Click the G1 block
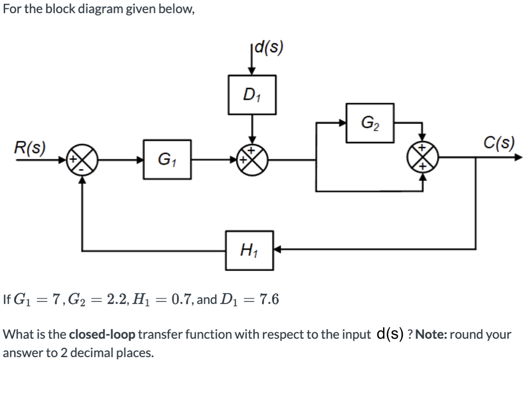tap(167, 159)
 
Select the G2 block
tap(369, 123)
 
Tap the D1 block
tap(252, 95)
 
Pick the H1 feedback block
tap(249, 250)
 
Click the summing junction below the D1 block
tap(253, 158)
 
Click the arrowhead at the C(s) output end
tap(518, 158)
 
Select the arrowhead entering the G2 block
tap(342, 123)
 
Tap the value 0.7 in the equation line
tap(180, 299)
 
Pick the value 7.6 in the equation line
tap(269, 299)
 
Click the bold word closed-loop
tap(102, 334)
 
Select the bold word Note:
tap(431, 334)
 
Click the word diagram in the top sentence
tap(101, 9)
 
